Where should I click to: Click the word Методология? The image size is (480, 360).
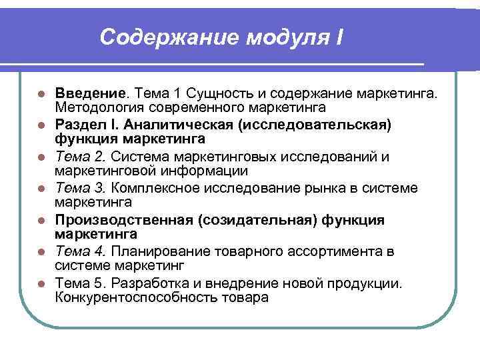tap(97, 107)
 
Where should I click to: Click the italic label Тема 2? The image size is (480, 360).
tap(81, 157)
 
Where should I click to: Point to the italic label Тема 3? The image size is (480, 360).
tap(81, 189)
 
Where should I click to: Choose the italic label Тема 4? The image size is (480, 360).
tap(81, 252)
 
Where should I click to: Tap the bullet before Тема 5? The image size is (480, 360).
tap(41, 283)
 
